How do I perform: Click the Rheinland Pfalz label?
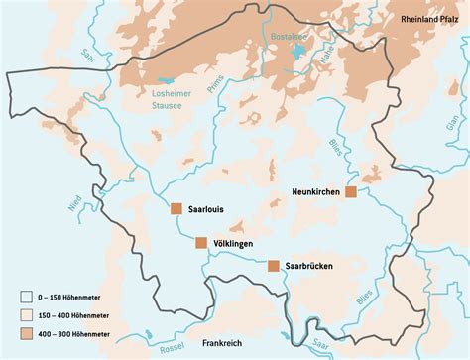click(432, 19)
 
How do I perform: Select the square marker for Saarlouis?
click(176, 209)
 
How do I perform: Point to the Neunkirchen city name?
click(317, 191)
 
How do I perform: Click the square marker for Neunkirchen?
click(350, 192)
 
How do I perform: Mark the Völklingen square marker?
click(201, 243)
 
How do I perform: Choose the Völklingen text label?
click(234, 243)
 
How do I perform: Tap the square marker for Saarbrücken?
click(273, 266)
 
